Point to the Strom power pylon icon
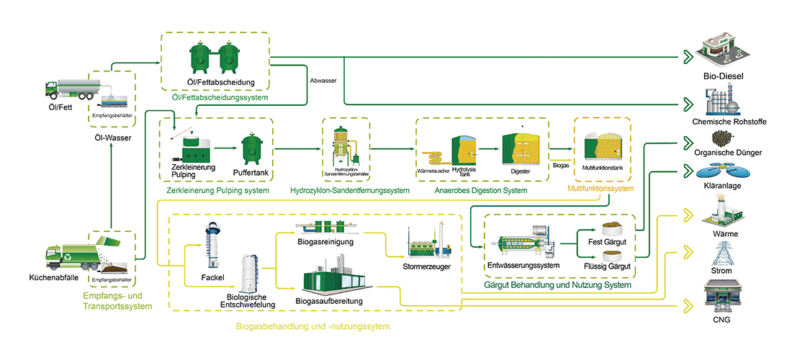(x=723, y=255)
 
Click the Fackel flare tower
(x=212, y=245)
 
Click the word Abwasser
(x=321, y=81)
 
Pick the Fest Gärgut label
(x=606, y=242)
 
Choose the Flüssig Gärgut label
(x=606, y=266)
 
